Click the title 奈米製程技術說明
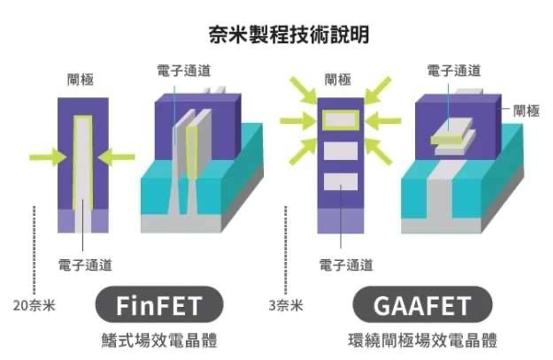tap(289, 34)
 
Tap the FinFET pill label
tap(158, 306)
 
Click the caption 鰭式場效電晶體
tap(159, 340)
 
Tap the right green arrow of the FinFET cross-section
tap(118, 156)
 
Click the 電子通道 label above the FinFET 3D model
tap(184, 71)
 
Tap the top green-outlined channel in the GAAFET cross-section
tap(341, 119)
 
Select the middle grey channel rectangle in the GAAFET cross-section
tap(341, 151)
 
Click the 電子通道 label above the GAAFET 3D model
tap(454, 71)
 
